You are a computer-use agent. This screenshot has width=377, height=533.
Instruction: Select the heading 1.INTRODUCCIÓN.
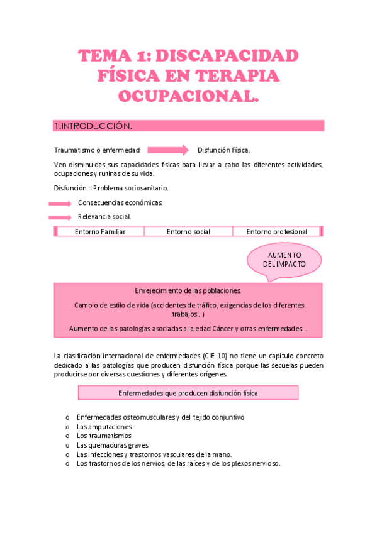(94, 126)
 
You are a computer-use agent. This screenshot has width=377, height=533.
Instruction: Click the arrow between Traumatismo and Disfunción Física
(168, 150)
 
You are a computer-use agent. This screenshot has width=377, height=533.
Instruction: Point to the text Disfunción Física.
(223, 150)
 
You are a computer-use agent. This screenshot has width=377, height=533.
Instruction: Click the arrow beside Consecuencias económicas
(60, 203)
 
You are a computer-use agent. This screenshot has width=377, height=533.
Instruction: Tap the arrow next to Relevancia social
(60, 217)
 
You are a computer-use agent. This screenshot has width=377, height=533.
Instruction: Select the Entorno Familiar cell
(100, 232)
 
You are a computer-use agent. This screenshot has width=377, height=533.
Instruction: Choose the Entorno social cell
(188, 232)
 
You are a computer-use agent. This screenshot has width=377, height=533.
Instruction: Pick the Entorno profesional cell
(276, 232)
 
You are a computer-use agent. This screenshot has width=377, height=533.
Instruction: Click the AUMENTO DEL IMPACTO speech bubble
(284, 259)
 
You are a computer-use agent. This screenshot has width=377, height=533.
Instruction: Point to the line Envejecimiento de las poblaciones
(188, 291)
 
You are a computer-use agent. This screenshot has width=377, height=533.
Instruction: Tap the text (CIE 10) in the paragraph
(216, 356)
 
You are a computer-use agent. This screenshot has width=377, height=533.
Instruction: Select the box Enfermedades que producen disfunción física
(188, 393)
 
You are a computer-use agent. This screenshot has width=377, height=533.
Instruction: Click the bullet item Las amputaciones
(104, 426)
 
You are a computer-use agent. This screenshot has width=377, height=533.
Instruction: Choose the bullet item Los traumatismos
(104, 436)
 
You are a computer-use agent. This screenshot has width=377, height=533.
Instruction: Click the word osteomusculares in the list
(145, 417)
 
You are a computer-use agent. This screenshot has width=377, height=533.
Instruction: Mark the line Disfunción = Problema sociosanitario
(111, 188)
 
